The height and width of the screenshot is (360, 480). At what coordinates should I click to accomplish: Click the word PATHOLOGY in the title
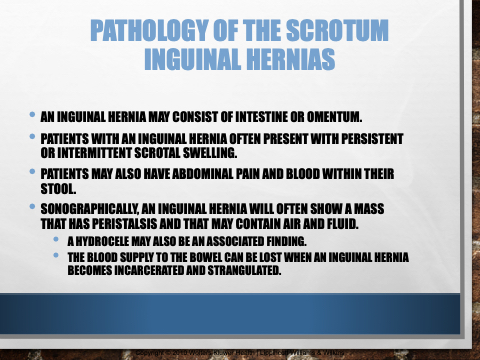pyautogui.click(x=149, y=30)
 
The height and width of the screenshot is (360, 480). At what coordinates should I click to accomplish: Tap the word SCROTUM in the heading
pyautogui.click(x=337, y=30)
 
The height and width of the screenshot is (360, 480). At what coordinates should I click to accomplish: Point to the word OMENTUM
pyautogui.click(x=334, y=117)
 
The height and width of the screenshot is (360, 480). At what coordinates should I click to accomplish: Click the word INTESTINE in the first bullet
pyautogui.click(x=261, y=117)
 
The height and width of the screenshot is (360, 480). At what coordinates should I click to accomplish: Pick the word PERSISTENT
pyautogui.click(x=372, y=139)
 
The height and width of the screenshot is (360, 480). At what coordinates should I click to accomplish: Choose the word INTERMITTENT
pyautogui.click(x=95, y=153)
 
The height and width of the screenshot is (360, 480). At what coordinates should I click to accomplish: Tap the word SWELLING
pyautogui.click(x=210, y=153)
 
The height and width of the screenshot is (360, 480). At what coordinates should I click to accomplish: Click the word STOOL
pyautogui.click(x=58, y=189)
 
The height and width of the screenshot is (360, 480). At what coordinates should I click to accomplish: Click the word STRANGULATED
pyautogui.click(x=244, y=270)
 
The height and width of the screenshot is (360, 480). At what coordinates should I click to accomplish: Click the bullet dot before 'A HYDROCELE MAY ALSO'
pyautogui.click(x=56, y=239)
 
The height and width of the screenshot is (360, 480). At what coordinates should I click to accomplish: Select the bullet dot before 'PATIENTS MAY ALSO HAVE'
pyautogui.click(x=32, y=172)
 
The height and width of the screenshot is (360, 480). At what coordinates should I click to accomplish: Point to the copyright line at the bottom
pyautogui.click(x=240, y=353)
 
